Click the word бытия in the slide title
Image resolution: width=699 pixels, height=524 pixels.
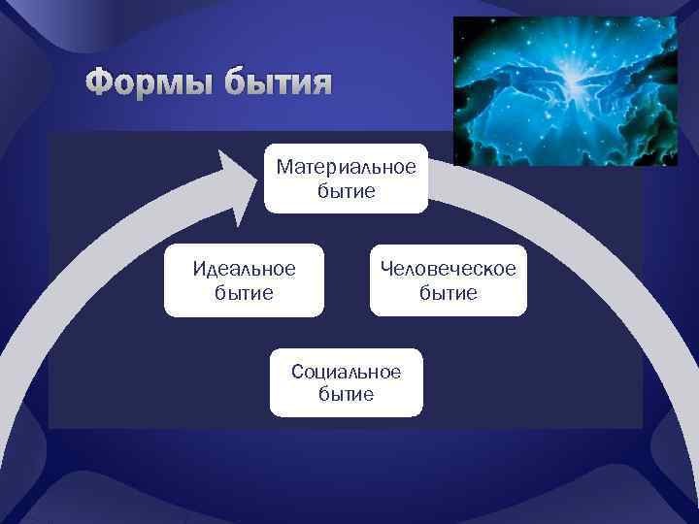click(x=276, y=84)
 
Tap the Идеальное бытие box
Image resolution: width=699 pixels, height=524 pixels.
click(x=244, y=279)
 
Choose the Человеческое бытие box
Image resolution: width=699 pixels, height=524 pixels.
click(x=448, y=279)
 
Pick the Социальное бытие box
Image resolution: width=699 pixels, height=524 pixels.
click(x=346, y=382)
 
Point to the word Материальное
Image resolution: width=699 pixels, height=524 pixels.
click(x=346, y=167)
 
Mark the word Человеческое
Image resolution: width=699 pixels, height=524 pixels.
click(x=448, y=267)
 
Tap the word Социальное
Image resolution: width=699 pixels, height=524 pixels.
click(x=346, y=372)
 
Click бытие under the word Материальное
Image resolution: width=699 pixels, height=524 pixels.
click(x=346, y=191)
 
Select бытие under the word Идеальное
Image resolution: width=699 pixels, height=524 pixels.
click(x=244, y=292)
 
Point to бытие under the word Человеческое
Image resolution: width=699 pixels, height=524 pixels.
click(x=448, y=292)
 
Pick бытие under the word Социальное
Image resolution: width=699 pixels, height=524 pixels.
click(x=346, y=395)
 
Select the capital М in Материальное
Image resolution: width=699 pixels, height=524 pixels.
click(x=283, y=167)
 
